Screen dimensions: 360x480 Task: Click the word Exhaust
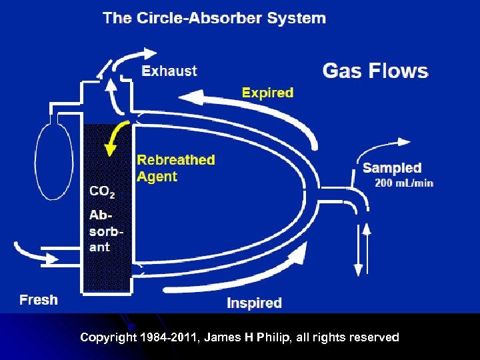(x=170, y=71)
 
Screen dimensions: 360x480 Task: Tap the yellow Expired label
(x=267, y=93)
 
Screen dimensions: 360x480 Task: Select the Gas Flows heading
(x=375, y=71)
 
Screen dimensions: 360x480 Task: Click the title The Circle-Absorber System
(x=214, y=18)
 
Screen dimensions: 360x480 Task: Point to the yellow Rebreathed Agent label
(x=176, y=168)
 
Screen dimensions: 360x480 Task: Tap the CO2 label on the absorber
(x=102, y=192)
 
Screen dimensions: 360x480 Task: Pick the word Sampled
(x=392, y=168)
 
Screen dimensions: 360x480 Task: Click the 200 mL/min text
(x=404, y=183)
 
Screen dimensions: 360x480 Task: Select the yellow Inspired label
(x=254, y=303)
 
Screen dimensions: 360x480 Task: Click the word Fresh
(x=39, y=300)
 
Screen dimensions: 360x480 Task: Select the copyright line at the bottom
(x=239, y=337)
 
